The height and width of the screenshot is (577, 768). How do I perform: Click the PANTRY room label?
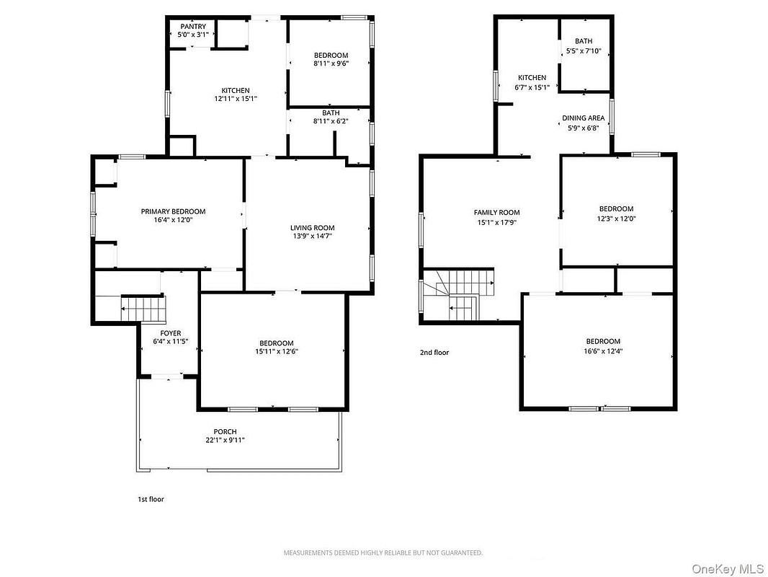(x=193, y=27)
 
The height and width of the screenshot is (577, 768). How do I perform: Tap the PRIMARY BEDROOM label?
(x=174, y=212)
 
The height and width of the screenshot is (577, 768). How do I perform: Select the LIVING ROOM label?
(x=313, y=228)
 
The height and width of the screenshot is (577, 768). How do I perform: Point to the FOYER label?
(x=171, y=333)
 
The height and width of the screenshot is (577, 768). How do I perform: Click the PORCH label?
(x=226, y=432)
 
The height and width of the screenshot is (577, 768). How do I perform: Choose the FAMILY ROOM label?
(x=496, y=213)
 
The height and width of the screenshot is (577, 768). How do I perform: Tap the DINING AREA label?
(x=584, y=118)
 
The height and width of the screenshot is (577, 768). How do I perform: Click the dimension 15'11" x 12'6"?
(x=277, y=351)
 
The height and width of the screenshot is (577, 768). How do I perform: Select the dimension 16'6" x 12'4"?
(x=604, y=351)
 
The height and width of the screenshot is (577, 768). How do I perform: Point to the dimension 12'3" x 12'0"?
(x=616, y=219)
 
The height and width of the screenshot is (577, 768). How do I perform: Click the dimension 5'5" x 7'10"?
(x=584, y=51)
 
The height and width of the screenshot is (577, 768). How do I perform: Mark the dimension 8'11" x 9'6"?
(x=331, y=63)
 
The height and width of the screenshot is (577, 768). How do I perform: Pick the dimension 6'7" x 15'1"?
(x=532, y=88)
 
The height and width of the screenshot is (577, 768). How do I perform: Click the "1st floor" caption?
(x=151, y=500)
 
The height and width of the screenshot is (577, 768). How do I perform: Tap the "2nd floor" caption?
(x=434, y=353)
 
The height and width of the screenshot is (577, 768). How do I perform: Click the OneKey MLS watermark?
(x=728, y=569)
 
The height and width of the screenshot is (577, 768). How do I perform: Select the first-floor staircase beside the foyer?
(x=143, y=309)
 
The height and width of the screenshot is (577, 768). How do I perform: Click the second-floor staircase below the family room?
(x=458, y=294)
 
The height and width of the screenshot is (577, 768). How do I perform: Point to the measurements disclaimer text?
(x=383, y=553)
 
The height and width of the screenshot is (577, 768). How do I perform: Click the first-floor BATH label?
(x=331, y=113)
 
